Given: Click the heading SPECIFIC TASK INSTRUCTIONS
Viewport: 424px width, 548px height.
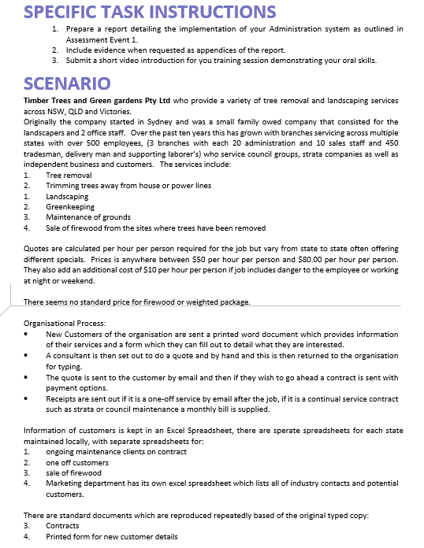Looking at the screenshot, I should click(x=150, y=12).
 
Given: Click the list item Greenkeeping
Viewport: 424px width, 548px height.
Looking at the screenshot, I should click(x=71, y=206).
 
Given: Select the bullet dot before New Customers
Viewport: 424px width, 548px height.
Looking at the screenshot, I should click(x=28, y=334).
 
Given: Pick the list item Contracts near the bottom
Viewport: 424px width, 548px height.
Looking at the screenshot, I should click(x=62, y=525).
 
